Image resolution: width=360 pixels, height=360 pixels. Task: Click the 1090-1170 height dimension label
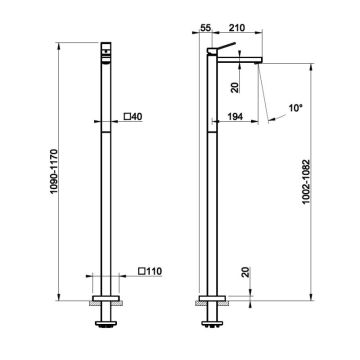[x=54, y=171]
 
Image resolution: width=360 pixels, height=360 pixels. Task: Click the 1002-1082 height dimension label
[x=306, y=181]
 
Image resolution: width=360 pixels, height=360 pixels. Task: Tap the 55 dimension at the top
[x=205, y=28]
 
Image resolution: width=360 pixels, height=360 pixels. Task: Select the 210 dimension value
[x=237, y=28]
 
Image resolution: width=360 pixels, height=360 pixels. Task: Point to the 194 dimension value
[x=235, y=116]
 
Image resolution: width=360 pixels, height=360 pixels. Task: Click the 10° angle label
[x=295, y=108]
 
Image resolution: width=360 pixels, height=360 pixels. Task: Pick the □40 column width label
[x=133, y=116]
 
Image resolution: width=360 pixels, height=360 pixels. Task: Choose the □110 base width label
[x=150, y=271]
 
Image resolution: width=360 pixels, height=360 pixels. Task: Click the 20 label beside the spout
[x=235, y=87]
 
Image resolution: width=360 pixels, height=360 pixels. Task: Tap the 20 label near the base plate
[x=245, y=272]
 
